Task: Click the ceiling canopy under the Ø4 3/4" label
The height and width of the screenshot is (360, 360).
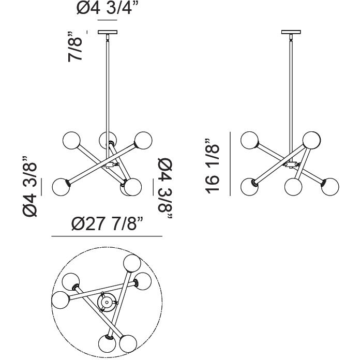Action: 108,33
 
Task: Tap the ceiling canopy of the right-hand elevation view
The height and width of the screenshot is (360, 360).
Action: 292,33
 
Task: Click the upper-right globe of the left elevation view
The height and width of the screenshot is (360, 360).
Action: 143,140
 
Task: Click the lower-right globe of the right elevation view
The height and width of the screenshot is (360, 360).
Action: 329,186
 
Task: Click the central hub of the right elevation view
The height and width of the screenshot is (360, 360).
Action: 291,165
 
